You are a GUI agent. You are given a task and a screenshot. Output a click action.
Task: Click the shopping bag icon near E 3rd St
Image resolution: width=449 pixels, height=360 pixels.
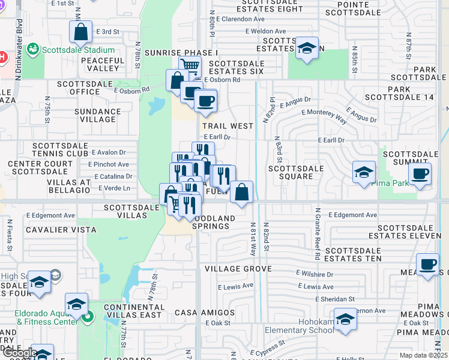coord(80,32)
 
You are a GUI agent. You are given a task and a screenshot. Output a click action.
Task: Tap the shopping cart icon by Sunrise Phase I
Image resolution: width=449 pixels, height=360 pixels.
coord(190,66)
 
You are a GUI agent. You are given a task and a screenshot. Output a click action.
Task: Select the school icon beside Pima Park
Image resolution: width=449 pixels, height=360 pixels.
coord(363,173)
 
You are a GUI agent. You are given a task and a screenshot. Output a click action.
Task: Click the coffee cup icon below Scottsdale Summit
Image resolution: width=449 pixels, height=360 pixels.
coord(420,174)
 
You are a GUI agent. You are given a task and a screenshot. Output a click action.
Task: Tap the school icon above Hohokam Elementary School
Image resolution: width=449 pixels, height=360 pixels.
coord(345,319)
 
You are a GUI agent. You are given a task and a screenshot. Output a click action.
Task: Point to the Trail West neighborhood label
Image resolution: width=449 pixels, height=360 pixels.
coord(228,126)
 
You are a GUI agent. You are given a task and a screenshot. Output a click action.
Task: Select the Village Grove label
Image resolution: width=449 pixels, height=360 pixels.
coord(237,269)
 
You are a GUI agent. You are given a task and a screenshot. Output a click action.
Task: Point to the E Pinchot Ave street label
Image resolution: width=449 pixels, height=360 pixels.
coord(108,164)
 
